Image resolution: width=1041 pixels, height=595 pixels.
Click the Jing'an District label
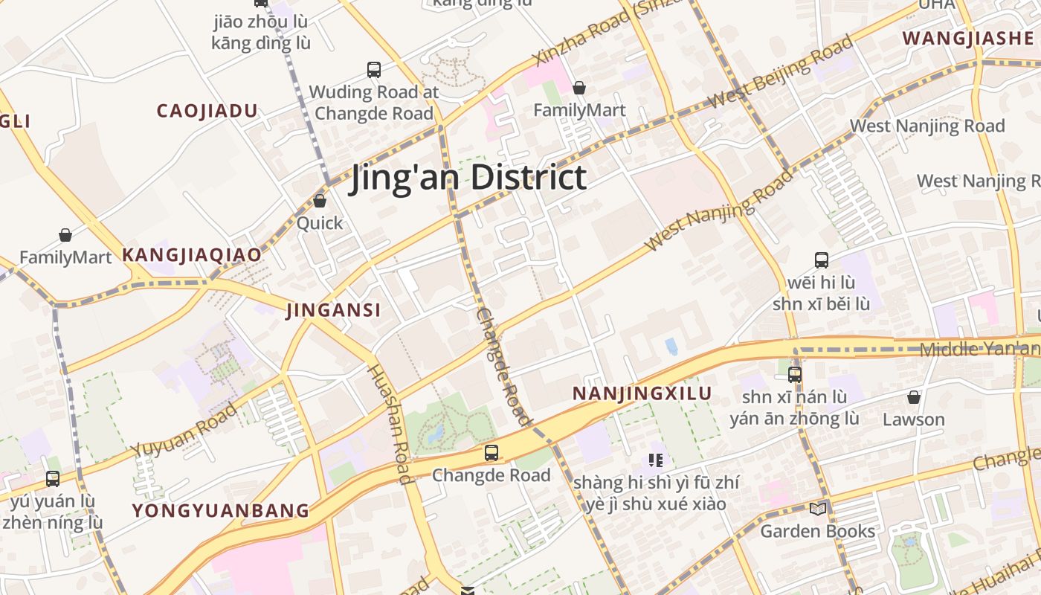tap(468, 178)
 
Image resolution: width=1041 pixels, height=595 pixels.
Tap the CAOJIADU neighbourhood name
tap(207, 112)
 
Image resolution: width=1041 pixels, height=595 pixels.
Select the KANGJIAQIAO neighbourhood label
tap(192, 255)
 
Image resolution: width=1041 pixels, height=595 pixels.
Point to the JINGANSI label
tap(333, 310)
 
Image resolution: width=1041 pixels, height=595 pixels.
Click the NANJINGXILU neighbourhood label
tap(642, 393)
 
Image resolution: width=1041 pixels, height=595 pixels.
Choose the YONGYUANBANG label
tap(220, 510)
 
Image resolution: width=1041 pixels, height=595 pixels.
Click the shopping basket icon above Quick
tap(320, 201)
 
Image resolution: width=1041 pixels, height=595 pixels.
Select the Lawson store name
tap(913, 419)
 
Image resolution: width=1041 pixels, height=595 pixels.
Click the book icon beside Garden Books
tap(817, 509)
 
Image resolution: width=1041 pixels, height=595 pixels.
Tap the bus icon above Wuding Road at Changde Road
tap(374, 70)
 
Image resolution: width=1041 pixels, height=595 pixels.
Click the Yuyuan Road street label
tap(184, 431)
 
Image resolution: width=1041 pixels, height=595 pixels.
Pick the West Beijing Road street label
tap(779, 72)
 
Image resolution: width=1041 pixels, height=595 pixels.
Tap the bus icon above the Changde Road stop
tap(491, 453)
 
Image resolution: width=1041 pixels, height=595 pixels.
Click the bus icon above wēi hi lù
tap(821, 260)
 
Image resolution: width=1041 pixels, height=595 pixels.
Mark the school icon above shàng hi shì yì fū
tap(655, 460)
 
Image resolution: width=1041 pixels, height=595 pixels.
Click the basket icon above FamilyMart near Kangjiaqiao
tap(65, 236)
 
